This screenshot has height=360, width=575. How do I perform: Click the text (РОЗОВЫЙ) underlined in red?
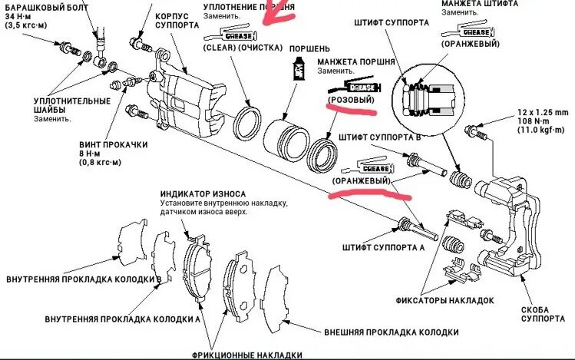[351, 101]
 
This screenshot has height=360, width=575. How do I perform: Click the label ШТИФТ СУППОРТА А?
[385, 249]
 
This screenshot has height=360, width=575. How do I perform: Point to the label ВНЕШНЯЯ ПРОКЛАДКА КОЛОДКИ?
[391, 332]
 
